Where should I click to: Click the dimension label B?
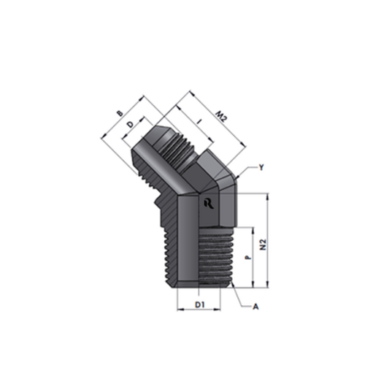[120, 113]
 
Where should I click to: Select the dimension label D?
[131, 124]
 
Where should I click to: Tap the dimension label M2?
[221, 118]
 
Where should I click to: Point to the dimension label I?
[200, 122]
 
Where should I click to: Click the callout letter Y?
[261, 167]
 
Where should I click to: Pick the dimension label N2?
[264, 245]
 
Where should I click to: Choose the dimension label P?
[248, 257]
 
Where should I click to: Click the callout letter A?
[255, 307]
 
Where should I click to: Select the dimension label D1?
[200, 304]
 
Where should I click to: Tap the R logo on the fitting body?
[209, 204]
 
